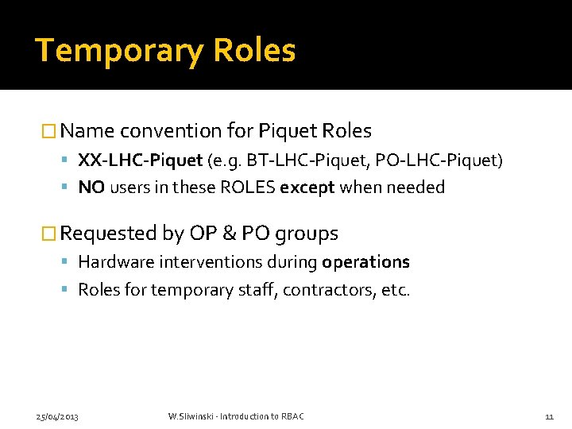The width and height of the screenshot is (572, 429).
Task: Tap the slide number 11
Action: tap(549, 416)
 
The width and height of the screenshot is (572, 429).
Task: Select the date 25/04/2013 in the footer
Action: tap(57, 416)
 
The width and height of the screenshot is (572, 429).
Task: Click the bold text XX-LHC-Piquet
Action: tap(140, 161)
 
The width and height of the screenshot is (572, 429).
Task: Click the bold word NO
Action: tap(91, 187)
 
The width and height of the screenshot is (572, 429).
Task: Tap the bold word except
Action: tap(307, 187)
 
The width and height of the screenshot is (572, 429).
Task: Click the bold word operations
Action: tap(365, 262)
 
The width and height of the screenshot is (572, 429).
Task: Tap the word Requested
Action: tap(109, 234)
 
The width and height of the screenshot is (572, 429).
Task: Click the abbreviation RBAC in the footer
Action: tap(291, 416)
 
